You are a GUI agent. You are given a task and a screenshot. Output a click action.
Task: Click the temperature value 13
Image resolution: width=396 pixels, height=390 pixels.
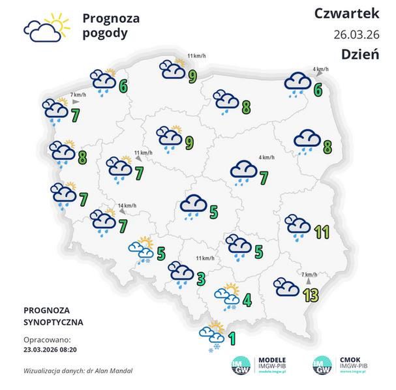311,295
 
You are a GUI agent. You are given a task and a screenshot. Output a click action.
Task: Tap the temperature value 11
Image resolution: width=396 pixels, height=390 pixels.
321,232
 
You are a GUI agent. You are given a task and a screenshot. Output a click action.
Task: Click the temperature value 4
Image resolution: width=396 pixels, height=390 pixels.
247,301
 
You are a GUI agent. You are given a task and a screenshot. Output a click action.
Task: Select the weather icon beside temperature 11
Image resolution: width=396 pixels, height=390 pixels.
298,226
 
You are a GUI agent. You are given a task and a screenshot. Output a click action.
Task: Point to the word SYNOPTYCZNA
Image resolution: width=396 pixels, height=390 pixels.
53,322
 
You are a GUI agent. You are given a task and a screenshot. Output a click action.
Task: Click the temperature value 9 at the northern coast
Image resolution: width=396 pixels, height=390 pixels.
193,77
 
